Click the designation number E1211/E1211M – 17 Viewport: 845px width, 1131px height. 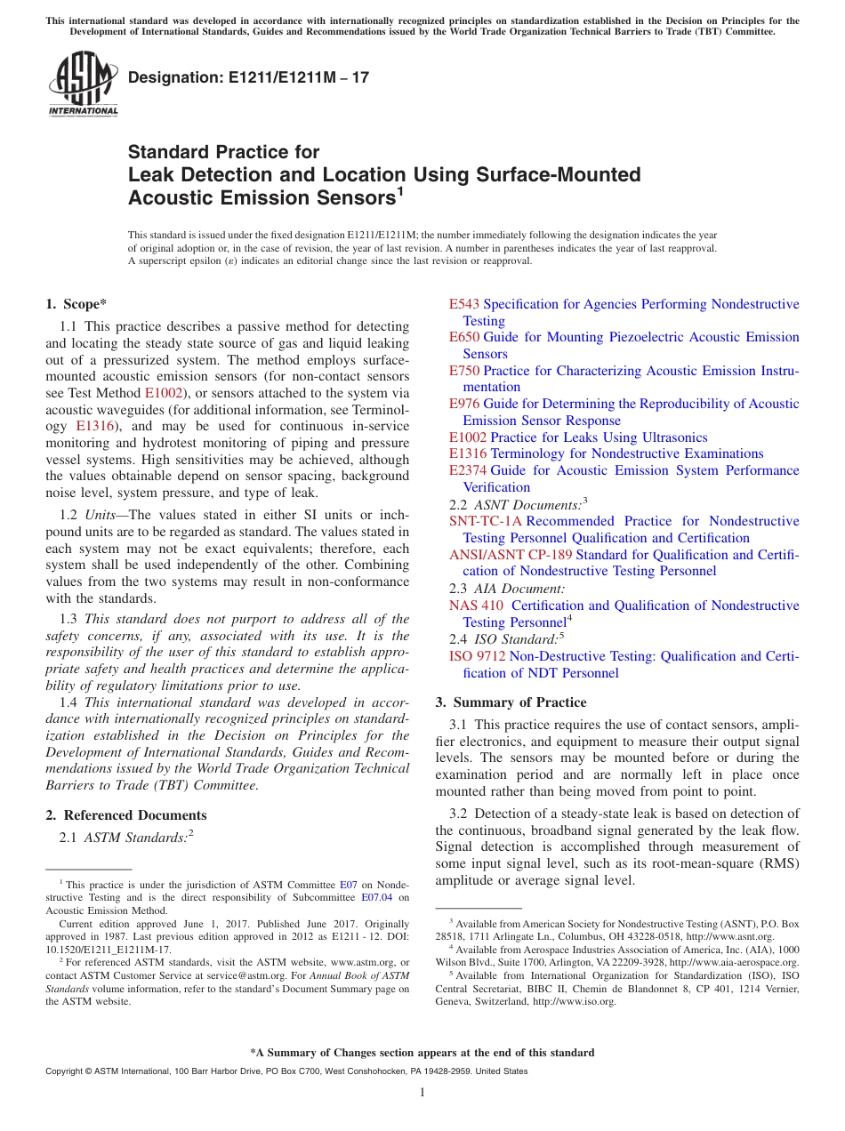tap(248, 77)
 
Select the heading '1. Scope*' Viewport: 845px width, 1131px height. tap(76, 304)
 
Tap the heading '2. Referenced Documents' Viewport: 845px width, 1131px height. tap(125, 815)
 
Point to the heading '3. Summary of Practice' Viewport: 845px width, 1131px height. tap(511, 702)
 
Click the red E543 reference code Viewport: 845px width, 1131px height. tap(464, 304)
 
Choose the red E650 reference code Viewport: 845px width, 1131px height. tap(464, 337)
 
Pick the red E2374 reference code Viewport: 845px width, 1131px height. tap(468, 470)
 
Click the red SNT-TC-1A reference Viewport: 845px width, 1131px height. tap(486, 521)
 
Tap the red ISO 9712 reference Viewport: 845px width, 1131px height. tap(478, 656)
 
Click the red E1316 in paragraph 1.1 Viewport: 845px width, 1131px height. tap(93, 426)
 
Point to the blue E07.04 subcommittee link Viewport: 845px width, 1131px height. tap(391, 897)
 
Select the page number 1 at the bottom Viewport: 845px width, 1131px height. tap(422, 1093)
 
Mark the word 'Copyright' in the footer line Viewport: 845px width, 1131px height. tap(63, 1071)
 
